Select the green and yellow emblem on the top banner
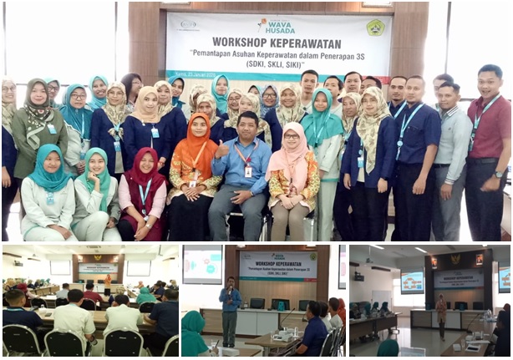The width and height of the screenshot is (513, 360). (375, 28)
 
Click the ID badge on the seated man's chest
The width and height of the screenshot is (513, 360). (247, 171)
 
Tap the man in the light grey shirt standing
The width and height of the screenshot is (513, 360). (450, 159)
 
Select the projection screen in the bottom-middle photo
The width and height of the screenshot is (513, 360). (202, 265)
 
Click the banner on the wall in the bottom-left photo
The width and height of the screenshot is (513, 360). (98, 269)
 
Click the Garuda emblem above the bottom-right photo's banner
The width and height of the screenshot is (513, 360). (455, 259)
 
